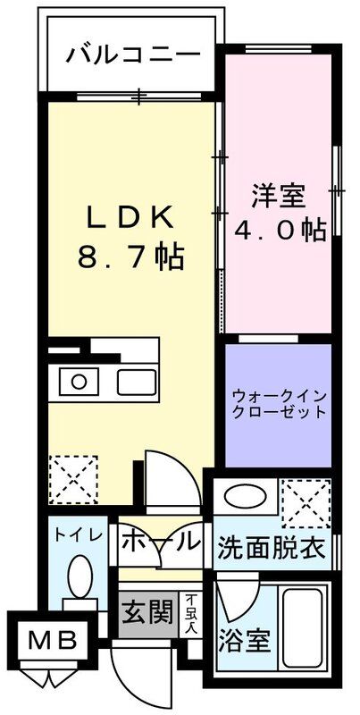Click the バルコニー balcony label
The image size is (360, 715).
pyautogui.click(x=131, y=55)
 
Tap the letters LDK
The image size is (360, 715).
pyautogui.click(x=131, y=219)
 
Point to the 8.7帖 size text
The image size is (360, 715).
pyautogui.click(x=131, y=260)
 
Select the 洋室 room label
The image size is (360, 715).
pyautogui.click(x=278, y=194)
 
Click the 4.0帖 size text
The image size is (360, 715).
pyautogui.click(x=278, y=230)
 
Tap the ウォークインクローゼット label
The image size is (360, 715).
pyautogui.click(x=278, y=405)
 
